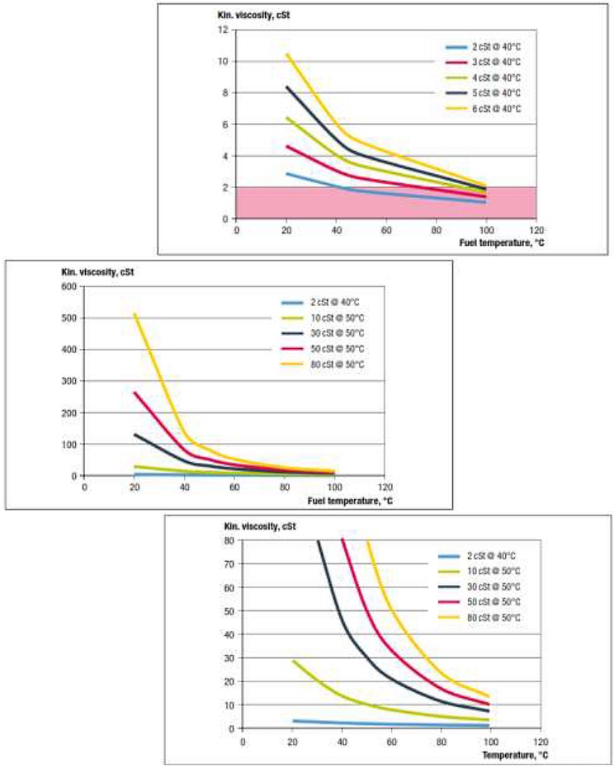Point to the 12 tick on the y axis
[222, 30]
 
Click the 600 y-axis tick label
[68, 286]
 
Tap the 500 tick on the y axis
[68, 318]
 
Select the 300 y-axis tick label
[68, 381]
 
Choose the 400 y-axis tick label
[68, 350]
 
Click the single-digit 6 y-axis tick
[224, 125]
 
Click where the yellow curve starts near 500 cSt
[135, 314]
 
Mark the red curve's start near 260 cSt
[135, 393]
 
